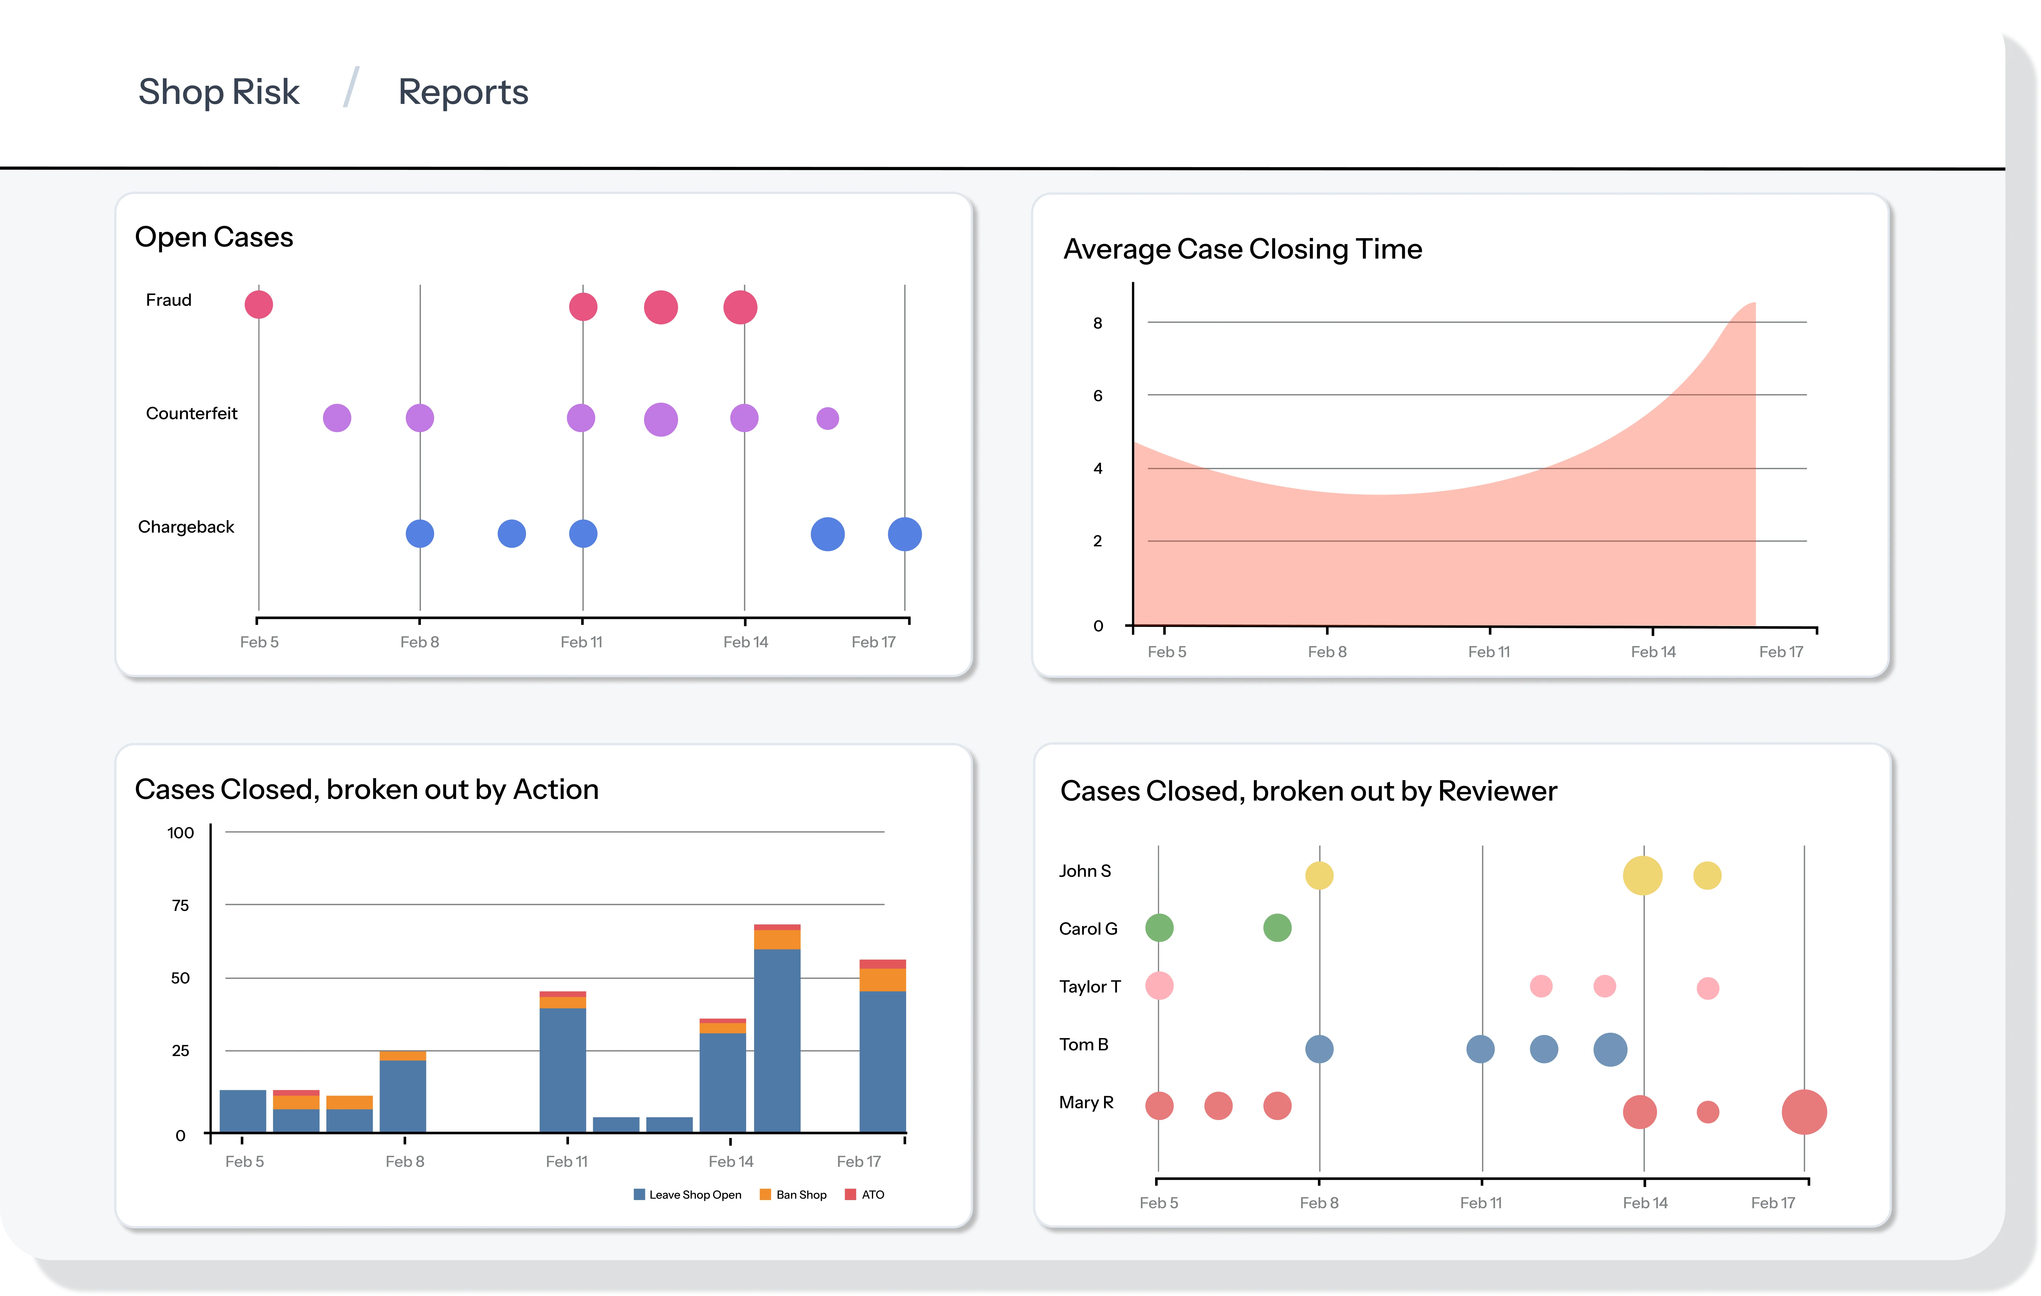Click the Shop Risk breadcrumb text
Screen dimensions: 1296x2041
(219, 92)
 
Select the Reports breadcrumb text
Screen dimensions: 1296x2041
(463, 92)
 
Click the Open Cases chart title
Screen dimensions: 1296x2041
(214, 237)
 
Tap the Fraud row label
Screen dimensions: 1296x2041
(169, 300)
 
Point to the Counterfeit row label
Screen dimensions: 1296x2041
(192, 414)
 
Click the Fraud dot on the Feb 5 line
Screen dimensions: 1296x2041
(259, 304)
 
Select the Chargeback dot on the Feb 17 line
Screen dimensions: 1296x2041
(904, 534)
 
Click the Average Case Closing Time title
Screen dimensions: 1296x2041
(1242, 249)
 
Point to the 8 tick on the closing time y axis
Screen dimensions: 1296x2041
(1098, 323)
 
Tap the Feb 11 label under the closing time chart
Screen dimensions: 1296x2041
(1488, 652)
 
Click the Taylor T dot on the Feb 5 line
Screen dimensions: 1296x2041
(1159, 986)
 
